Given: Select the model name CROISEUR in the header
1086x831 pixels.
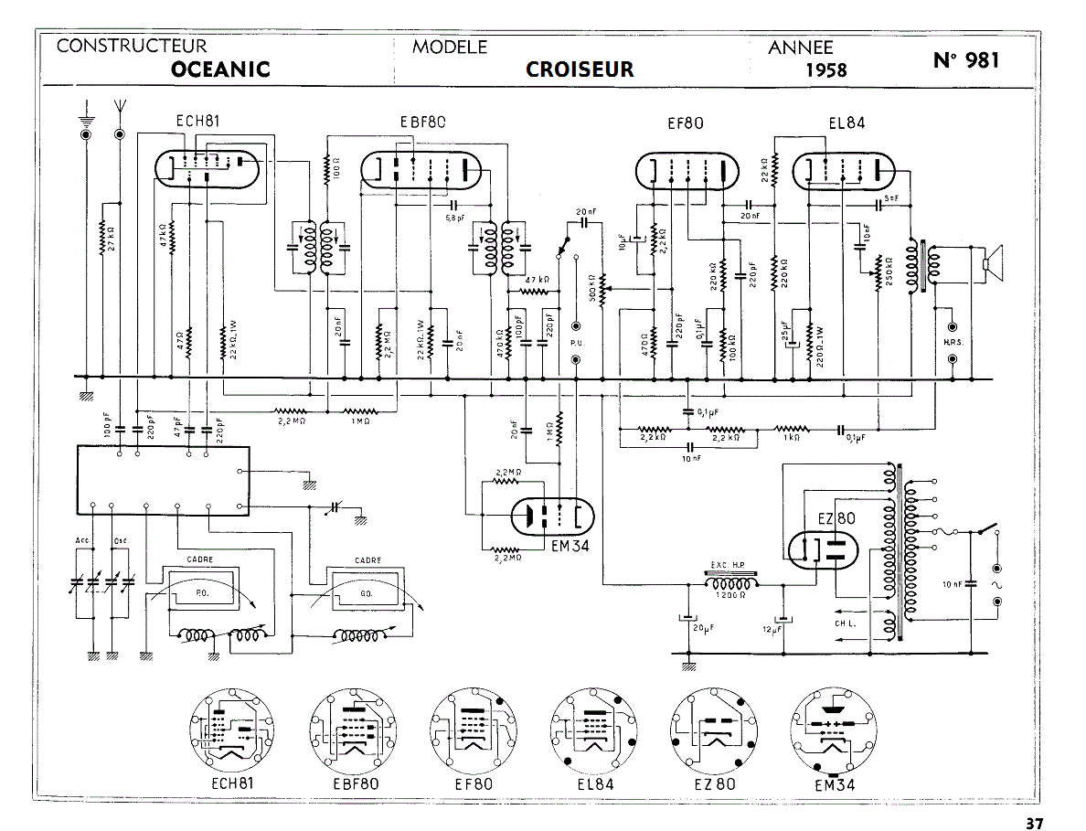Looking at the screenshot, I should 580,69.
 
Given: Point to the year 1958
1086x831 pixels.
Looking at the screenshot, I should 825,70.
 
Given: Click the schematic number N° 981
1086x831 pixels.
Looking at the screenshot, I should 966,60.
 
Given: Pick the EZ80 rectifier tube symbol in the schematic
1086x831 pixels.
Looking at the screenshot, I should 825,548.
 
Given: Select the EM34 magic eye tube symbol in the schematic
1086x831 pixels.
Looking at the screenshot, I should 551,517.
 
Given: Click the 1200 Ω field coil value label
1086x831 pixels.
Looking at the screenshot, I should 731,596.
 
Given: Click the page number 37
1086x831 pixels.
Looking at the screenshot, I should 1034,822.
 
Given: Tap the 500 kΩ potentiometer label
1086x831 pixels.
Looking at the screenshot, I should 591,290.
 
